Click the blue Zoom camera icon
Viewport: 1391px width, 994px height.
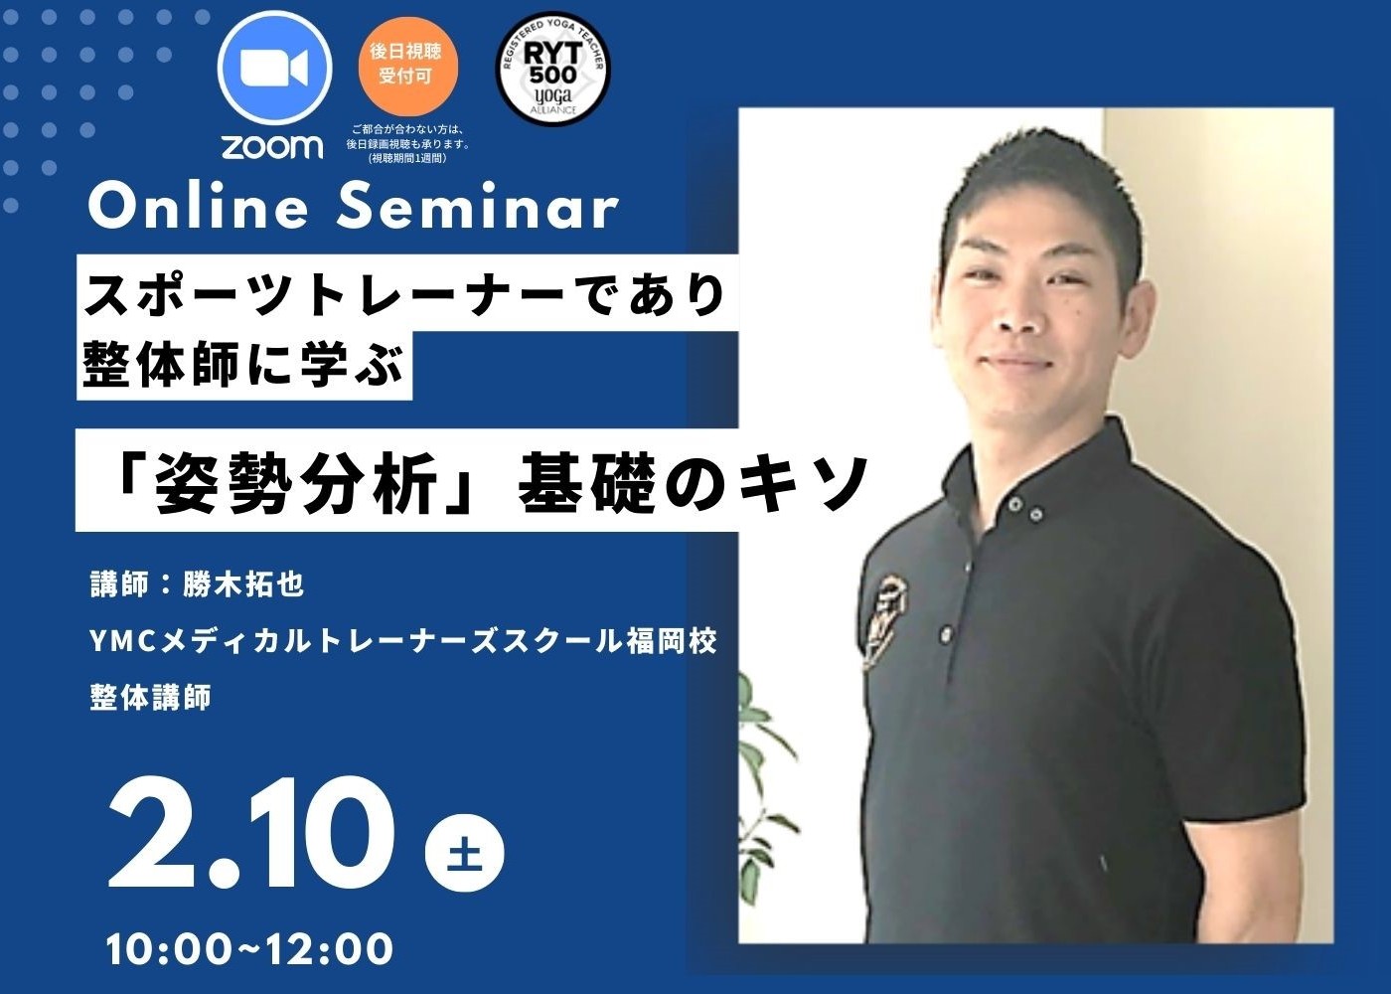click(274, 69)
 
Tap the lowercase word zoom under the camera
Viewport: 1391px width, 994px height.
click(272, 147)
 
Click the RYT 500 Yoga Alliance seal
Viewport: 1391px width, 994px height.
click(552, 74)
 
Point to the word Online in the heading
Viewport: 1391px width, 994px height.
click(199, 207)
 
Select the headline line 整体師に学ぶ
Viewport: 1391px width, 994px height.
click(243, 366)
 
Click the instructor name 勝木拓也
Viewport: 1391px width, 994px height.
click(243, 584)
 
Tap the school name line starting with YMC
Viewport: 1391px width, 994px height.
click(403, 641)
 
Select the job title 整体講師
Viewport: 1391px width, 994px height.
click(150, 697)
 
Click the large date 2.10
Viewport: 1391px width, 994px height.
click(250, 834)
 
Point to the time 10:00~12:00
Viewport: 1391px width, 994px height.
click(249, 948)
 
